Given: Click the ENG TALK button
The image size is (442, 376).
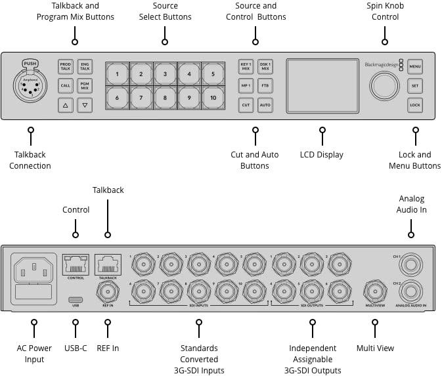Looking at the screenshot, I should point(85,66).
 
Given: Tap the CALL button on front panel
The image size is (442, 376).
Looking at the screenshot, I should point(66,85).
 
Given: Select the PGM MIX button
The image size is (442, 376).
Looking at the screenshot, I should point(85,85).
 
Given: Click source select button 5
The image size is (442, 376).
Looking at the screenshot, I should point(213,74).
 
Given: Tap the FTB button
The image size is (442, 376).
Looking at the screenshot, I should point(265,85).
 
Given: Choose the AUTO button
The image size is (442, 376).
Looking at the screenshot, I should point(265,105).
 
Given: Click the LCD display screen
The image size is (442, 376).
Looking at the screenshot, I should point(322,86).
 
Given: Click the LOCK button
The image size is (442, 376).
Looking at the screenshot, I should point(414,105).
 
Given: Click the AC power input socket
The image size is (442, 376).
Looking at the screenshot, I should point(33,269).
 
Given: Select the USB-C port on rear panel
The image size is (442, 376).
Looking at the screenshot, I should point(75,299).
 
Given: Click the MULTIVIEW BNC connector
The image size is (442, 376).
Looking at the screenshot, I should point(376,290).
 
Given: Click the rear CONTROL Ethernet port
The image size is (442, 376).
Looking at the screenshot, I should point(75,265).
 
